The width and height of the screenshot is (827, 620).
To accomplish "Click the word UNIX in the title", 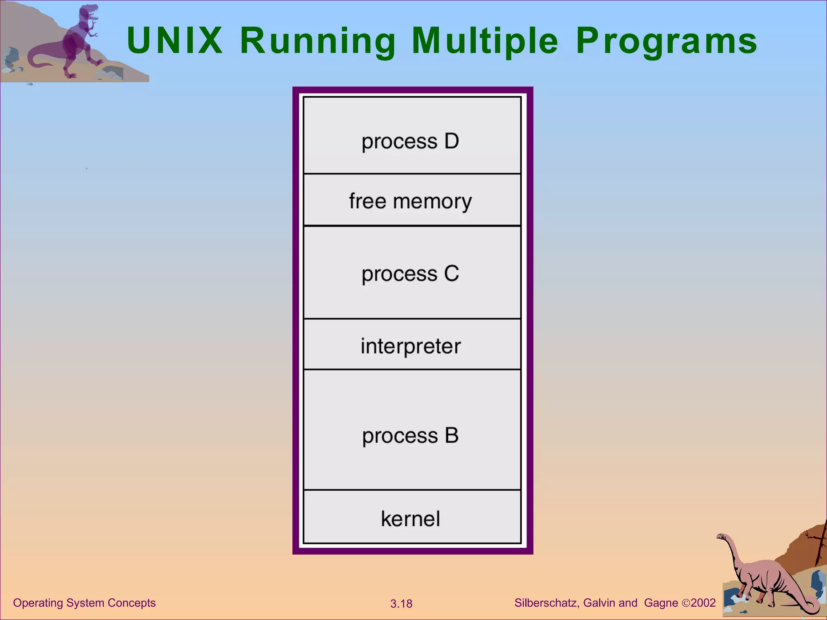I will [174, 40].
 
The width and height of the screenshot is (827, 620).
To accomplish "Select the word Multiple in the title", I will [485, 41].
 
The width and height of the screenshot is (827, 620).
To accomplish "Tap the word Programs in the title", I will [666, 41].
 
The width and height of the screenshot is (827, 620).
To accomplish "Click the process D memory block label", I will [410, 141].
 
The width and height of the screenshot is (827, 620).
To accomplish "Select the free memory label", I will [410, 201].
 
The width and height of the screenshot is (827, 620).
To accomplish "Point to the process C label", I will [410, 274].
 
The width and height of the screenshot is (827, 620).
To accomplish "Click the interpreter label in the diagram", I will [410, 346].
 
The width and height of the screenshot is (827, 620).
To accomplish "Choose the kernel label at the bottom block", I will [410, 519].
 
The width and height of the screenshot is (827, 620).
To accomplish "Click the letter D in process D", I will [451, 141].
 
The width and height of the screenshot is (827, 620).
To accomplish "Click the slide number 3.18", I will [401, 604].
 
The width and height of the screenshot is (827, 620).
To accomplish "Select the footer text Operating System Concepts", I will [84, 603].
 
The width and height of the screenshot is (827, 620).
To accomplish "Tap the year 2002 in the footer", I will [703, 603].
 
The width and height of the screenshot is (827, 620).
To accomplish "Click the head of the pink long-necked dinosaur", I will [721, 537].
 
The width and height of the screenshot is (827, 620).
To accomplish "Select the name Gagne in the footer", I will [661, 603].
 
